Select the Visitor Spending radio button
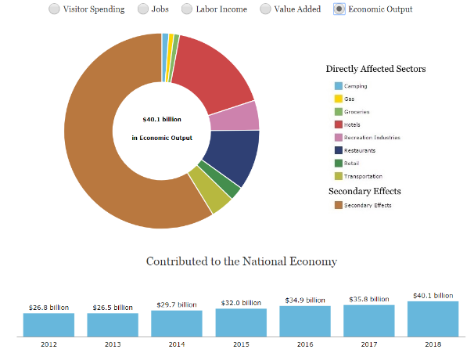[55, 9]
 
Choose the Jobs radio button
[143, 9]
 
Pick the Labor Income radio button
[188, 9]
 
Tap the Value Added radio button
[266, 9]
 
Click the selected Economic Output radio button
[339, 9]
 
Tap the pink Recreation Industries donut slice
[245, 117]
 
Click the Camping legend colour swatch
[339, 86]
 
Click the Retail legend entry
[352, 163]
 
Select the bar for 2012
[48, 324]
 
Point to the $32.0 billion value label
[240, 302]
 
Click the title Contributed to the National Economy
[241, 261]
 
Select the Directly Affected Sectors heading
[375, 69]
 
